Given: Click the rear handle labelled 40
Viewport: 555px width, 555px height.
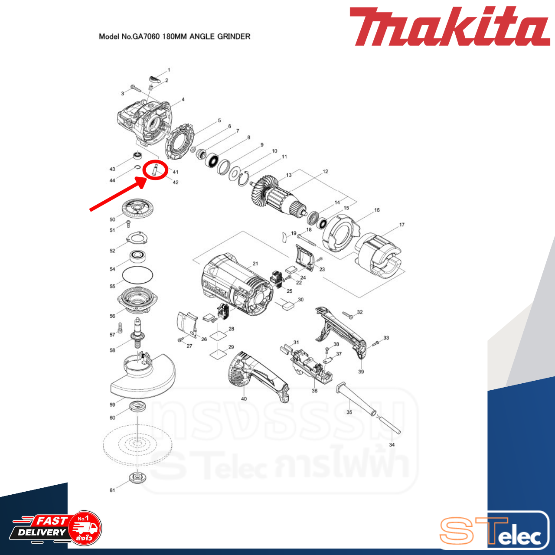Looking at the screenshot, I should click(256, 373).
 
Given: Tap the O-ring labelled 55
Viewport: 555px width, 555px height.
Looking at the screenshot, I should click(137, 274).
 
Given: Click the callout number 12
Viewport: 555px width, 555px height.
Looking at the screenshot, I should click(325, 172).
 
